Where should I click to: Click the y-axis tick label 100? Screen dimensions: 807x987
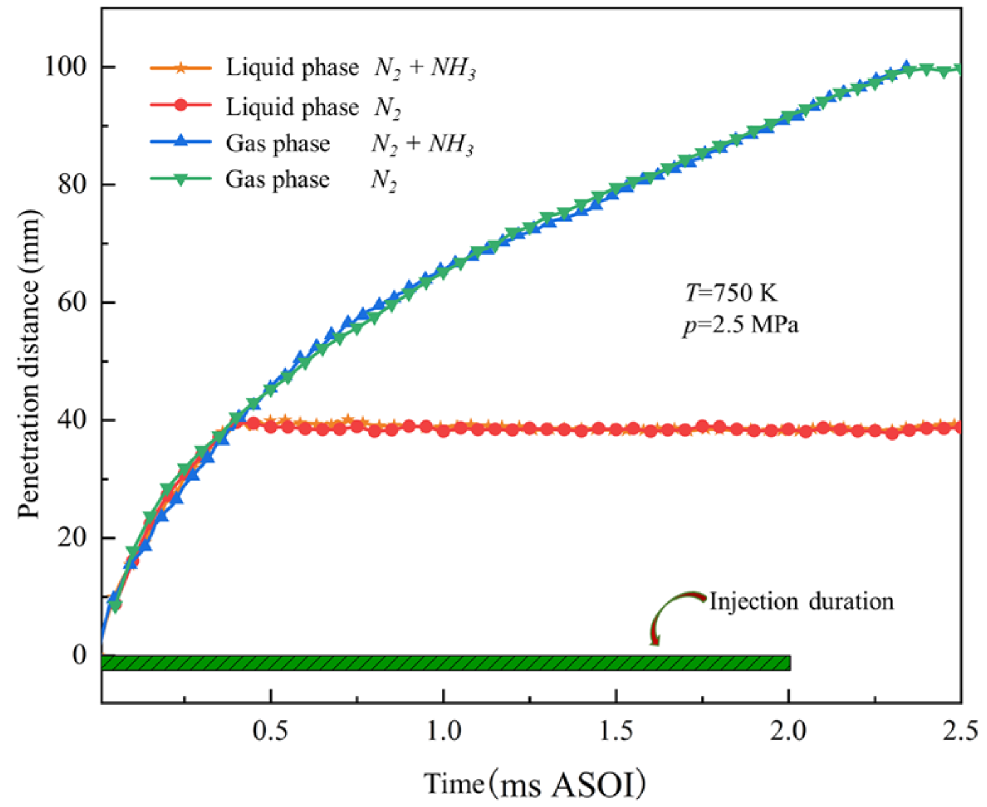click(x=65, y=67)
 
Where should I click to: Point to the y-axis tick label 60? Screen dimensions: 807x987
click(x=72, y=302)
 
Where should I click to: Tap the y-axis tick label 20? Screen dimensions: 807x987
click(x=72, y=537)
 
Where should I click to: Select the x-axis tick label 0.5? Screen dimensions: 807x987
click(x=270, y=731)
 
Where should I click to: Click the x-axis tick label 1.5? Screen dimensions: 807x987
click(x=616, y=731)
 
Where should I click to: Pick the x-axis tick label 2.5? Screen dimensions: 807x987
click(x=960, y=731)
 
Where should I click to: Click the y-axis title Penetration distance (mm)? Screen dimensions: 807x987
click(x=29, y=365)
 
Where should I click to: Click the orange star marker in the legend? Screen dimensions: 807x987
click(x=180, y=67)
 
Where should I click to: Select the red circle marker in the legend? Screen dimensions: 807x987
click(x=180, y=106)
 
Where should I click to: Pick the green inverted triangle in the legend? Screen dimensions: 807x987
click(x=180, y=180)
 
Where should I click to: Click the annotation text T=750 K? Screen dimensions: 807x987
click(x=730, y=293)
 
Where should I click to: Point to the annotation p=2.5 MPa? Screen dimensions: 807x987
click(x=741, y=325)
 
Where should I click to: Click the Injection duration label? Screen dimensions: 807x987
click(x=801, y=601)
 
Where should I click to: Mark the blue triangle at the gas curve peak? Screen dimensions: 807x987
click(x=906, y=67)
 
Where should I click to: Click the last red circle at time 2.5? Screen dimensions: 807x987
click(x=959, y=427)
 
